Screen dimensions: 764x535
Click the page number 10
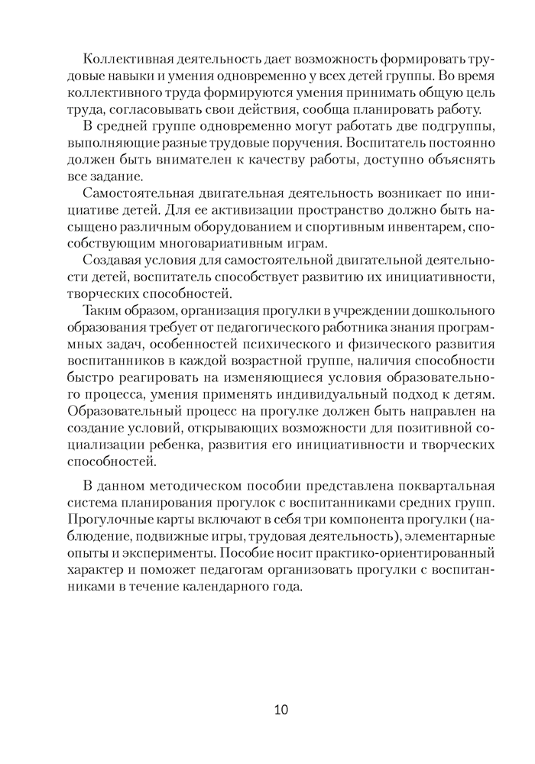280,710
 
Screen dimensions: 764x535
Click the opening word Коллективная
131,60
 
